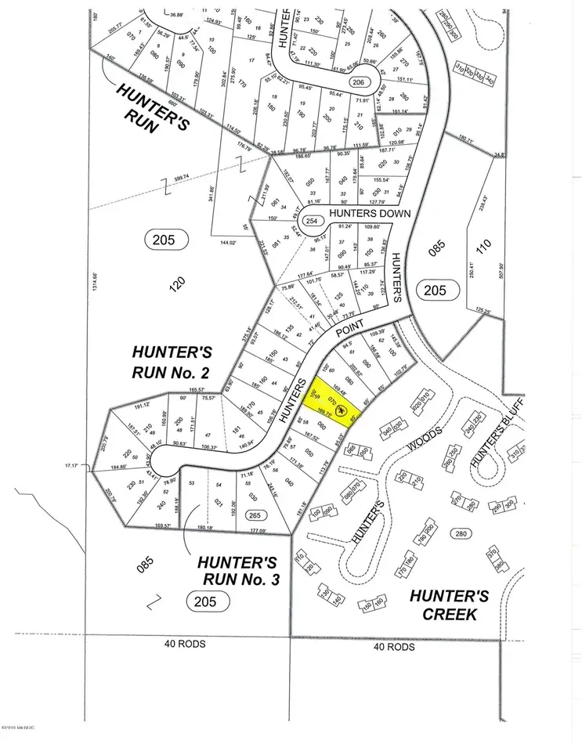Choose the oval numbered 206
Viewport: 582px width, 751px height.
pyautogui.click(x=358, y=83)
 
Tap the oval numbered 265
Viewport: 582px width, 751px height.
pyautogui.click(x=252, y=515)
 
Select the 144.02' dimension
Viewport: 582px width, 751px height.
pyautogui.click(x=228, y=243)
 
